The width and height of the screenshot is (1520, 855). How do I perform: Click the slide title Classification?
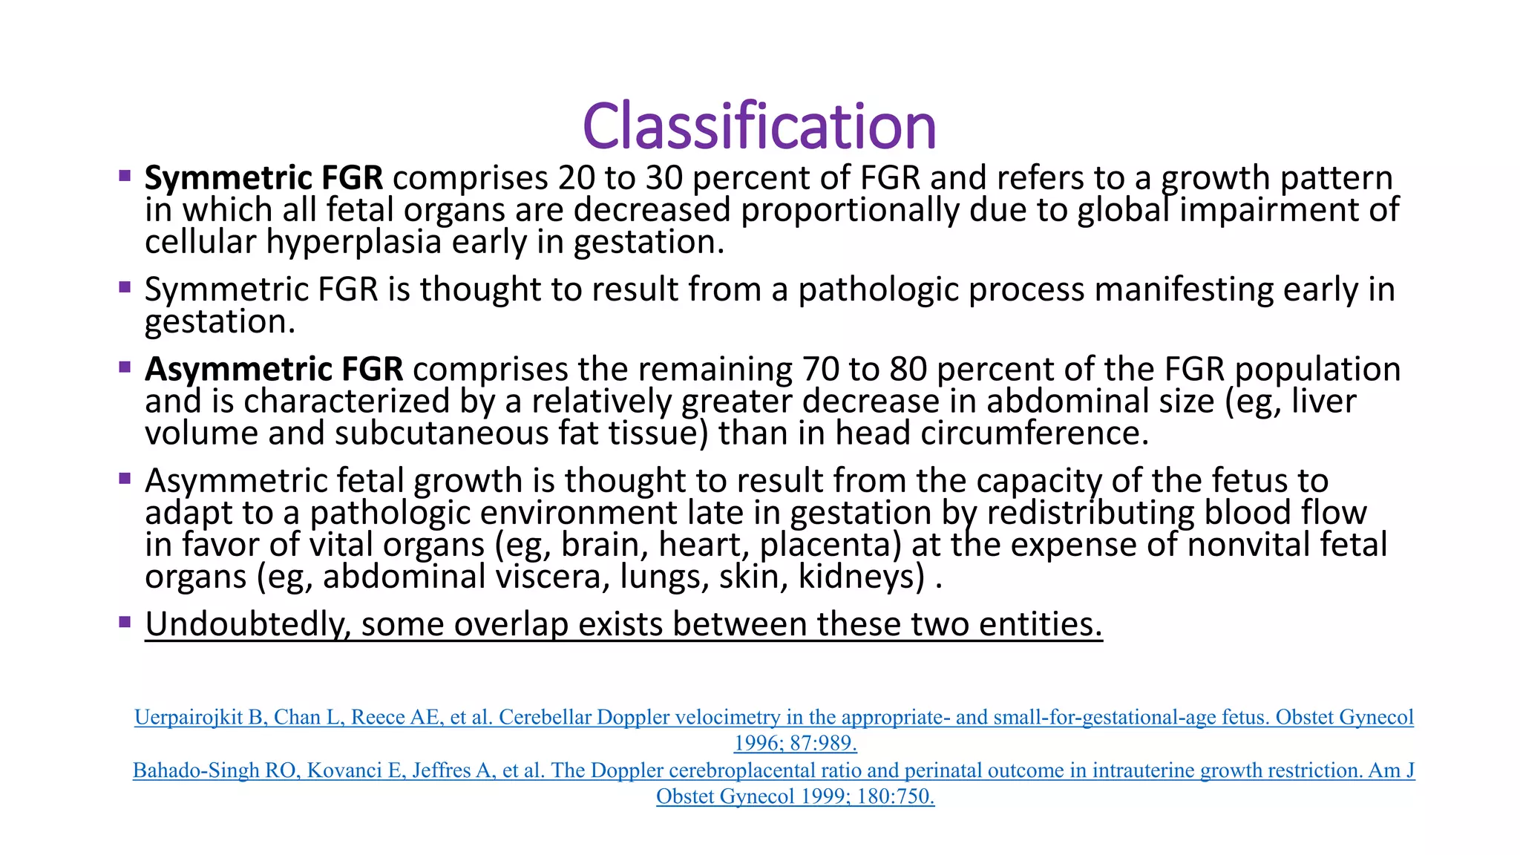pyautogui.click(x=759, y=126)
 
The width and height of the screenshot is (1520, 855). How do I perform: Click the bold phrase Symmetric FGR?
pyautogui.click(x=263, y=178)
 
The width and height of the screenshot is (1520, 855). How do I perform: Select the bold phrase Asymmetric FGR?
pyautogui.click(x=274, y=370)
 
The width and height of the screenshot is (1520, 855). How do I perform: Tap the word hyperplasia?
pyautogui.click(x=354, y=243)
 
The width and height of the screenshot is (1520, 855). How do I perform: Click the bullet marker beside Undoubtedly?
pyautogui.click(x=125, y=621)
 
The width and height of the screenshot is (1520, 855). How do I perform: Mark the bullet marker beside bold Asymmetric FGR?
pyautogui.click(x=125, y=366)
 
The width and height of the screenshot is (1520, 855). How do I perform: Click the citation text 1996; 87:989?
pyautogui.click(x=795, y=744)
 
